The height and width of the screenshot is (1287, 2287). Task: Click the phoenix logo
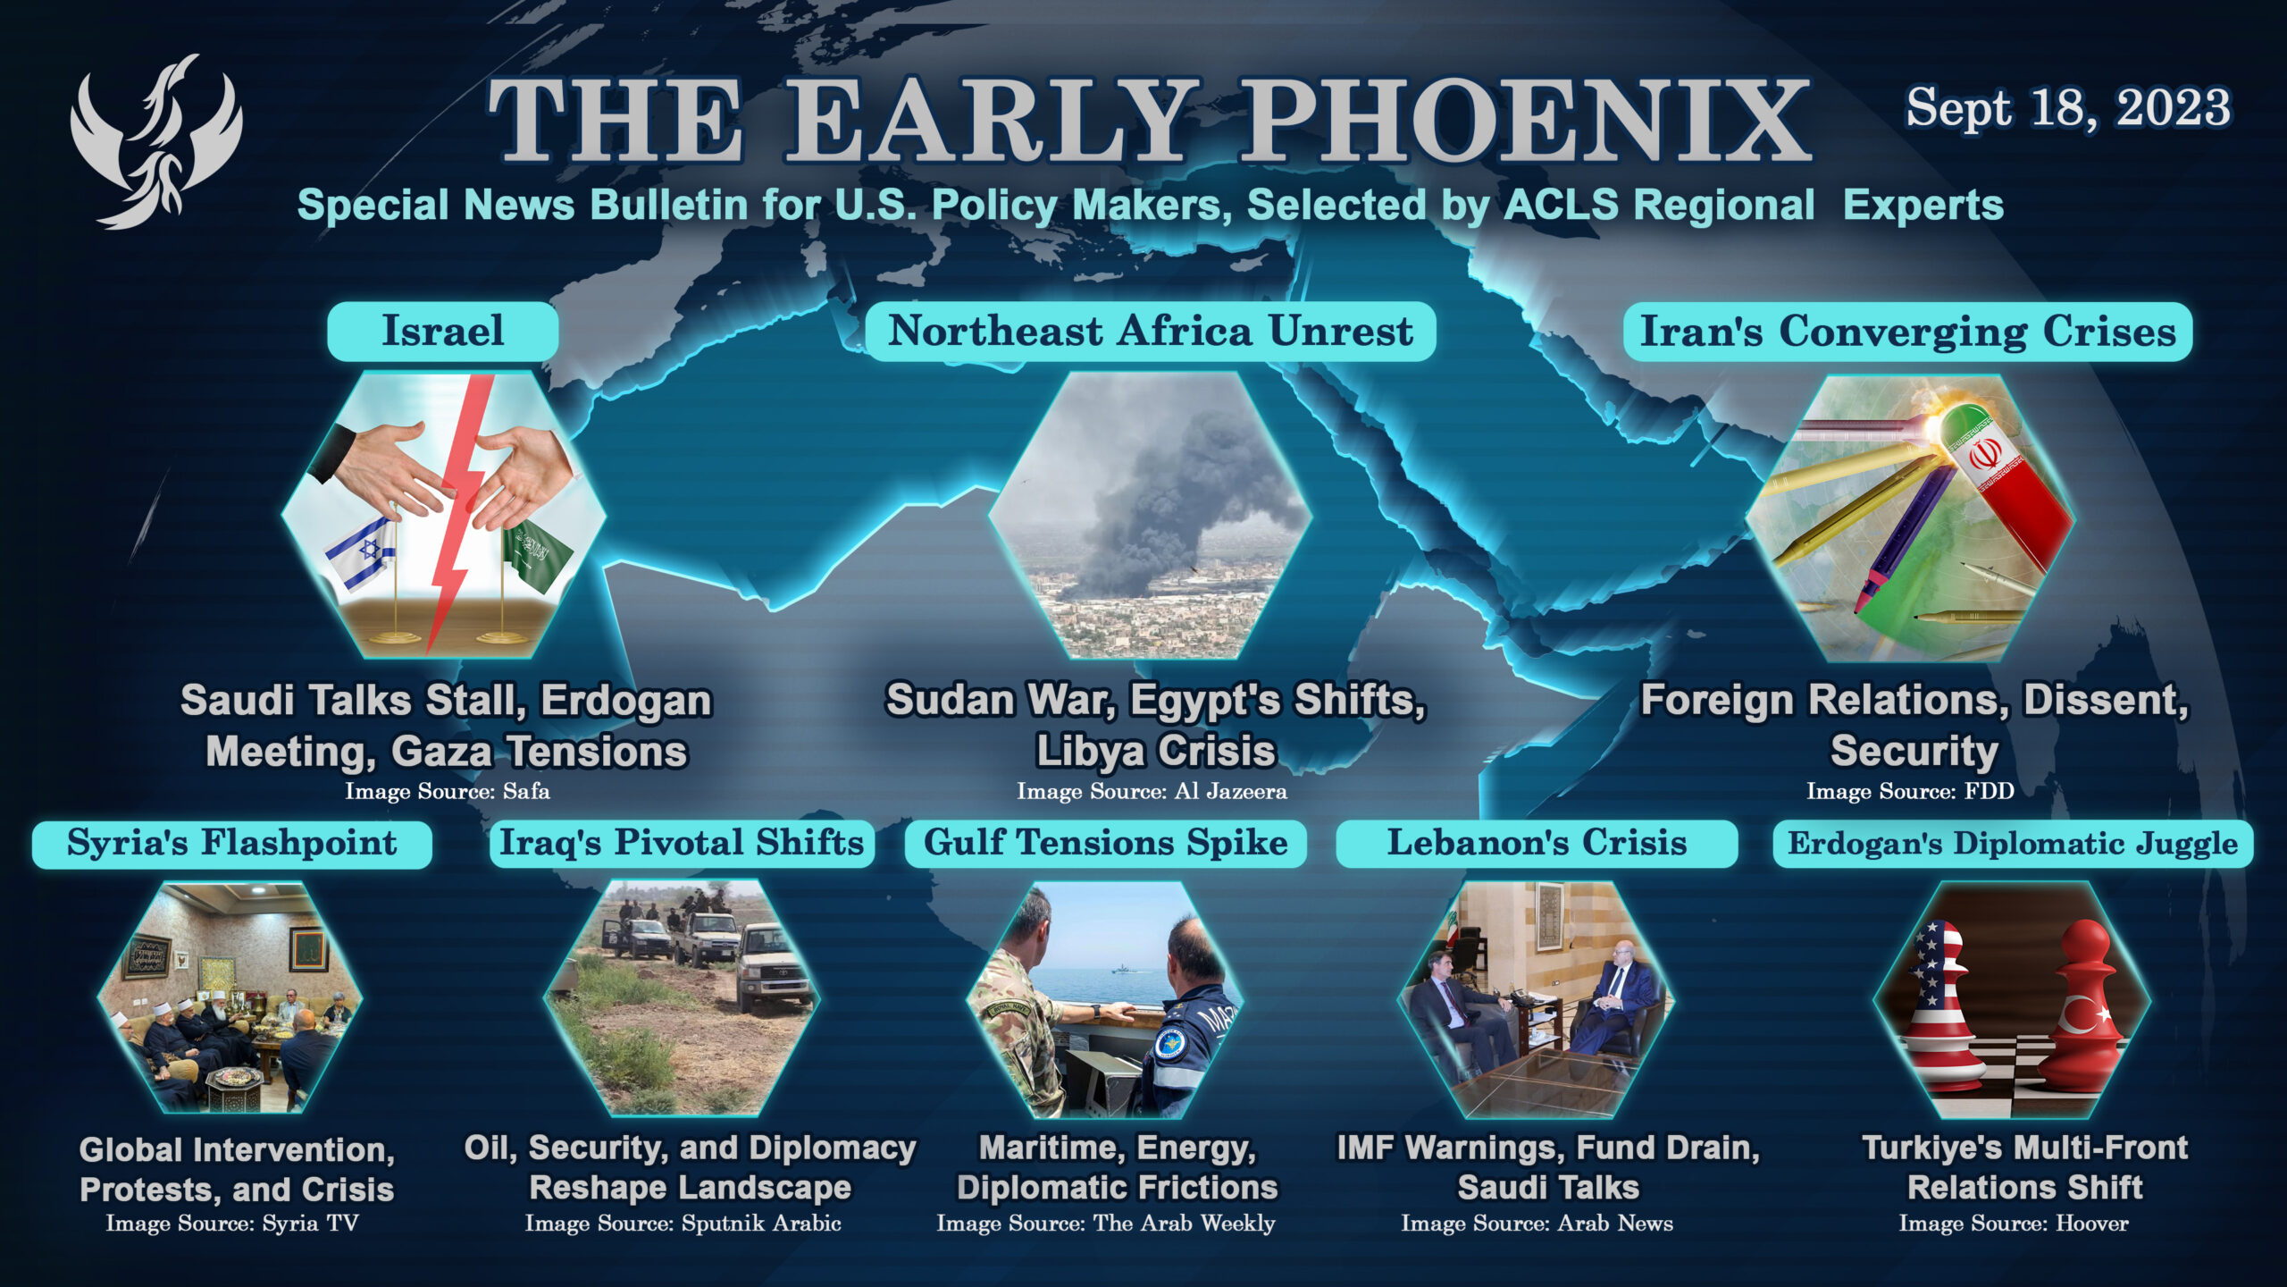tap(156, 141)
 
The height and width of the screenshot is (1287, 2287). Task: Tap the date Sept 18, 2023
tap(2068, 109)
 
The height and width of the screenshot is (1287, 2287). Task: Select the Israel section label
tap(443, 331)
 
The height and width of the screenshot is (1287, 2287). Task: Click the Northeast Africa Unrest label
tap(1151, 332)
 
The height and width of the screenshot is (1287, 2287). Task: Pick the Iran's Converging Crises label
tap(1907, 332)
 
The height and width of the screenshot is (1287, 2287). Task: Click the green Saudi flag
tap(536, 554)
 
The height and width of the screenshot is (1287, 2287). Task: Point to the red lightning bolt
tap(459, 509)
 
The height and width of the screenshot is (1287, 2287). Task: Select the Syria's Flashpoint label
tap(232, 844)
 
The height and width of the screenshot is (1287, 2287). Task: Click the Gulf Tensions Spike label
tap(1106, 844)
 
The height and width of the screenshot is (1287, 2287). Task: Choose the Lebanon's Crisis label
tap(1537, 844)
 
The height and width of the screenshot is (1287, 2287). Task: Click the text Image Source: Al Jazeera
tap(1152, 792)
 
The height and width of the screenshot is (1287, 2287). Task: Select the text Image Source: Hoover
tap(2014, 1224)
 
